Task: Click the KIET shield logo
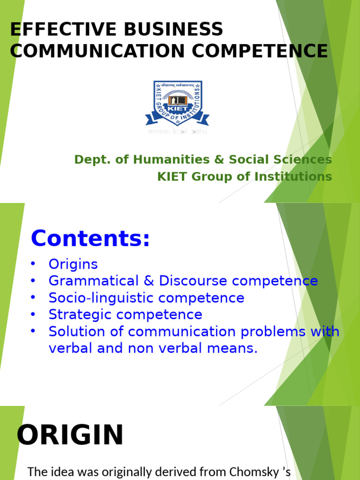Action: (177, 103)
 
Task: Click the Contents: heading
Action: (90, 239)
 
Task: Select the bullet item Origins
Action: (73, 264)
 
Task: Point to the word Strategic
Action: (77, 315)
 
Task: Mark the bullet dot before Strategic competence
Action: (33, 314)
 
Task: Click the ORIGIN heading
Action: (70, 435)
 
